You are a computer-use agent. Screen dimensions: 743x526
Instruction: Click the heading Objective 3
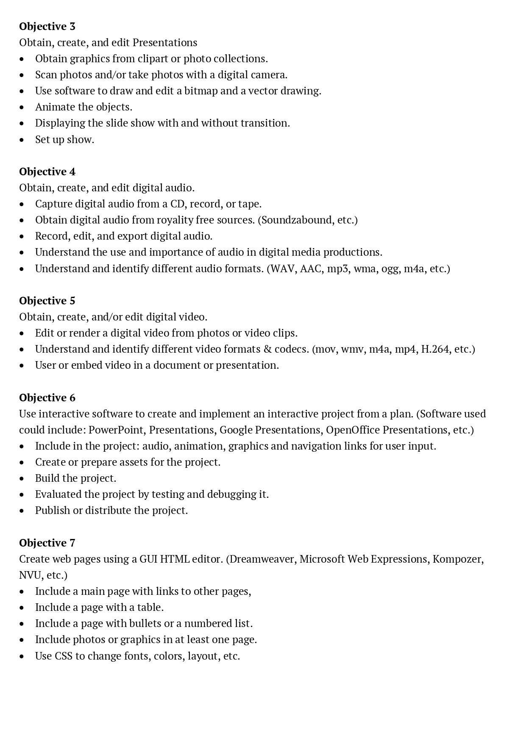pos(47,27)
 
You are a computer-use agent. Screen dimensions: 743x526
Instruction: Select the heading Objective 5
pos(47,301)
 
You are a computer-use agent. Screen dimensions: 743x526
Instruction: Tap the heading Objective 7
pos(47,543)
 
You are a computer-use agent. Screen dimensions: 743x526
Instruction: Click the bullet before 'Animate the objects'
pos(22,108)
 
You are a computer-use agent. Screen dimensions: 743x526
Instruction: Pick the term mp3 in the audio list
pos(337,269)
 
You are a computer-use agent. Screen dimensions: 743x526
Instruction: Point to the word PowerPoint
pos(116,430)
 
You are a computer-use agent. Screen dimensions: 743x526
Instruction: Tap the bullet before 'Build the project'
pos(22,479)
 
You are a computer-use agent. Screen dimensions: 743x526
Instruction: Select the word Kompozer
pos(458,559)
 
